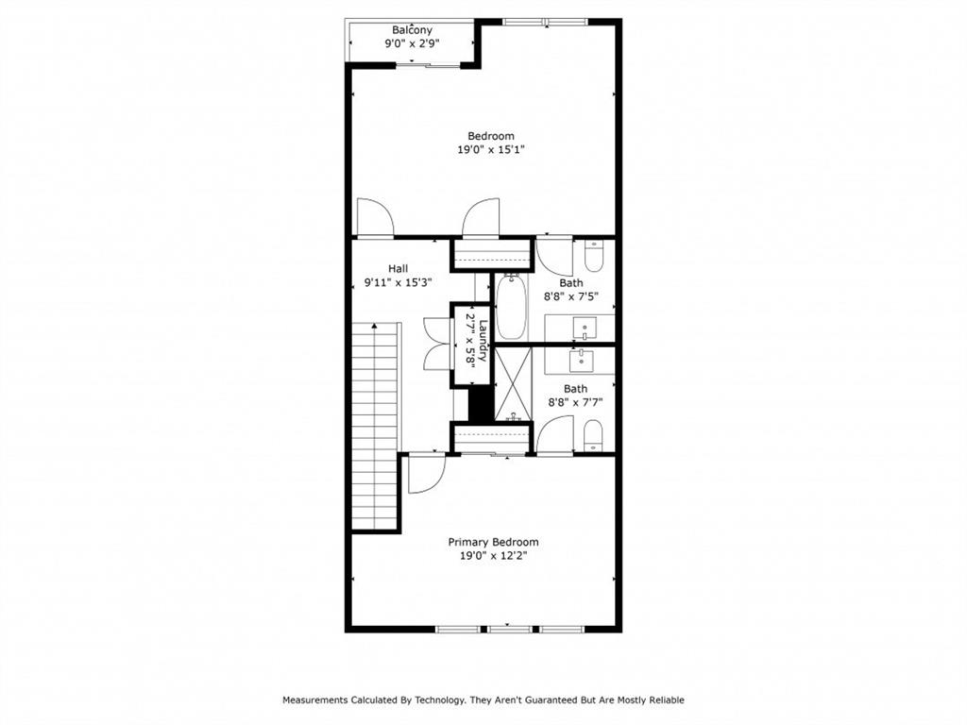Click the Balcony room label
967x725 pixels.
coord(412,30)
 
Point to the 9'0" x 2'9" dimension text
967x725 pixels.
coord(412,43)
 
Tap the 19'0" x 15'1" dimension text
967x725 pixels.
coord(491,149)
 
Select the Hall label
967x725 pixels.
coord(398,268)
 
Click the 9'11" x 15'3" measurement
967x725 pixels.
coord(398,281)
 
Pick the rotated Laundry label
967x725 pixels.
coord(482,341)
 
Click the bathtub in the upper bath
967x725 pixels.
coord(511,306)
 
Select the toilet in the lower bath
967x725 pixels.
coord(593,435)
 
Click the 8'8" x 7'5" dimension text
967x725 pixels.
coord(571,295)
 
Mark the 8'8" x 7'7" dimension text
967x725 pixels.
coord(575,401)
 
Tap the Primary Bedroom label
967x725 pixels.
coord(493,542)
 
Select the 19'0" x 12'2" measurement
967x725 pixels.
coord(493,556)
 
